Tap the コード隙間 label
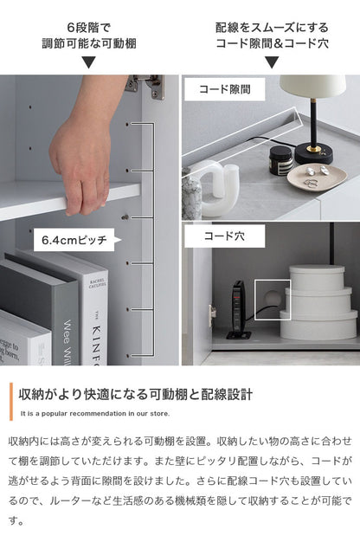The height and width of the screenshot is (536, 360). [224, 88]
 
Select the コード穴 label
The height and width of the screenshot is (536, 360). [224, 235]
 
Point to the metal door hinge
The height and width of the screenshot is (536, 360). [145, 84]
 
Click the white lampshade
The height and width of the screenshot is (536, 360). [312, 88]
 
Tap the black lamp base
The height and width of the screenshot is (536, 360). [309, 153]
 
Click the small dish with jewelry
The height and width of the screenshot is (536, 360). [322, 176]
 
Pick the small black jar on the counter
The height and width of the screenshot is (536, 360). [280, 160]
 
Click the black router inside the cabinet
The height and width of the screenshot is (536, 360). [239, 307]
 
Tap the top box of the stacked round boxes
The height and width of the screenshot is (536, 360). [316, 278]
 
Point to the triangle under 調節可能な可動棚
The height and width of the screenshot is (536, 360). [88, 62]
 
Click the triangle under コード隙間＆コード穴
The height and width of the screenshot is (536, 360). [270, 62]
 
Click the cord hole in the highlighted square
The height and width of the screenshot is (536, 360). [271, 297]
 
